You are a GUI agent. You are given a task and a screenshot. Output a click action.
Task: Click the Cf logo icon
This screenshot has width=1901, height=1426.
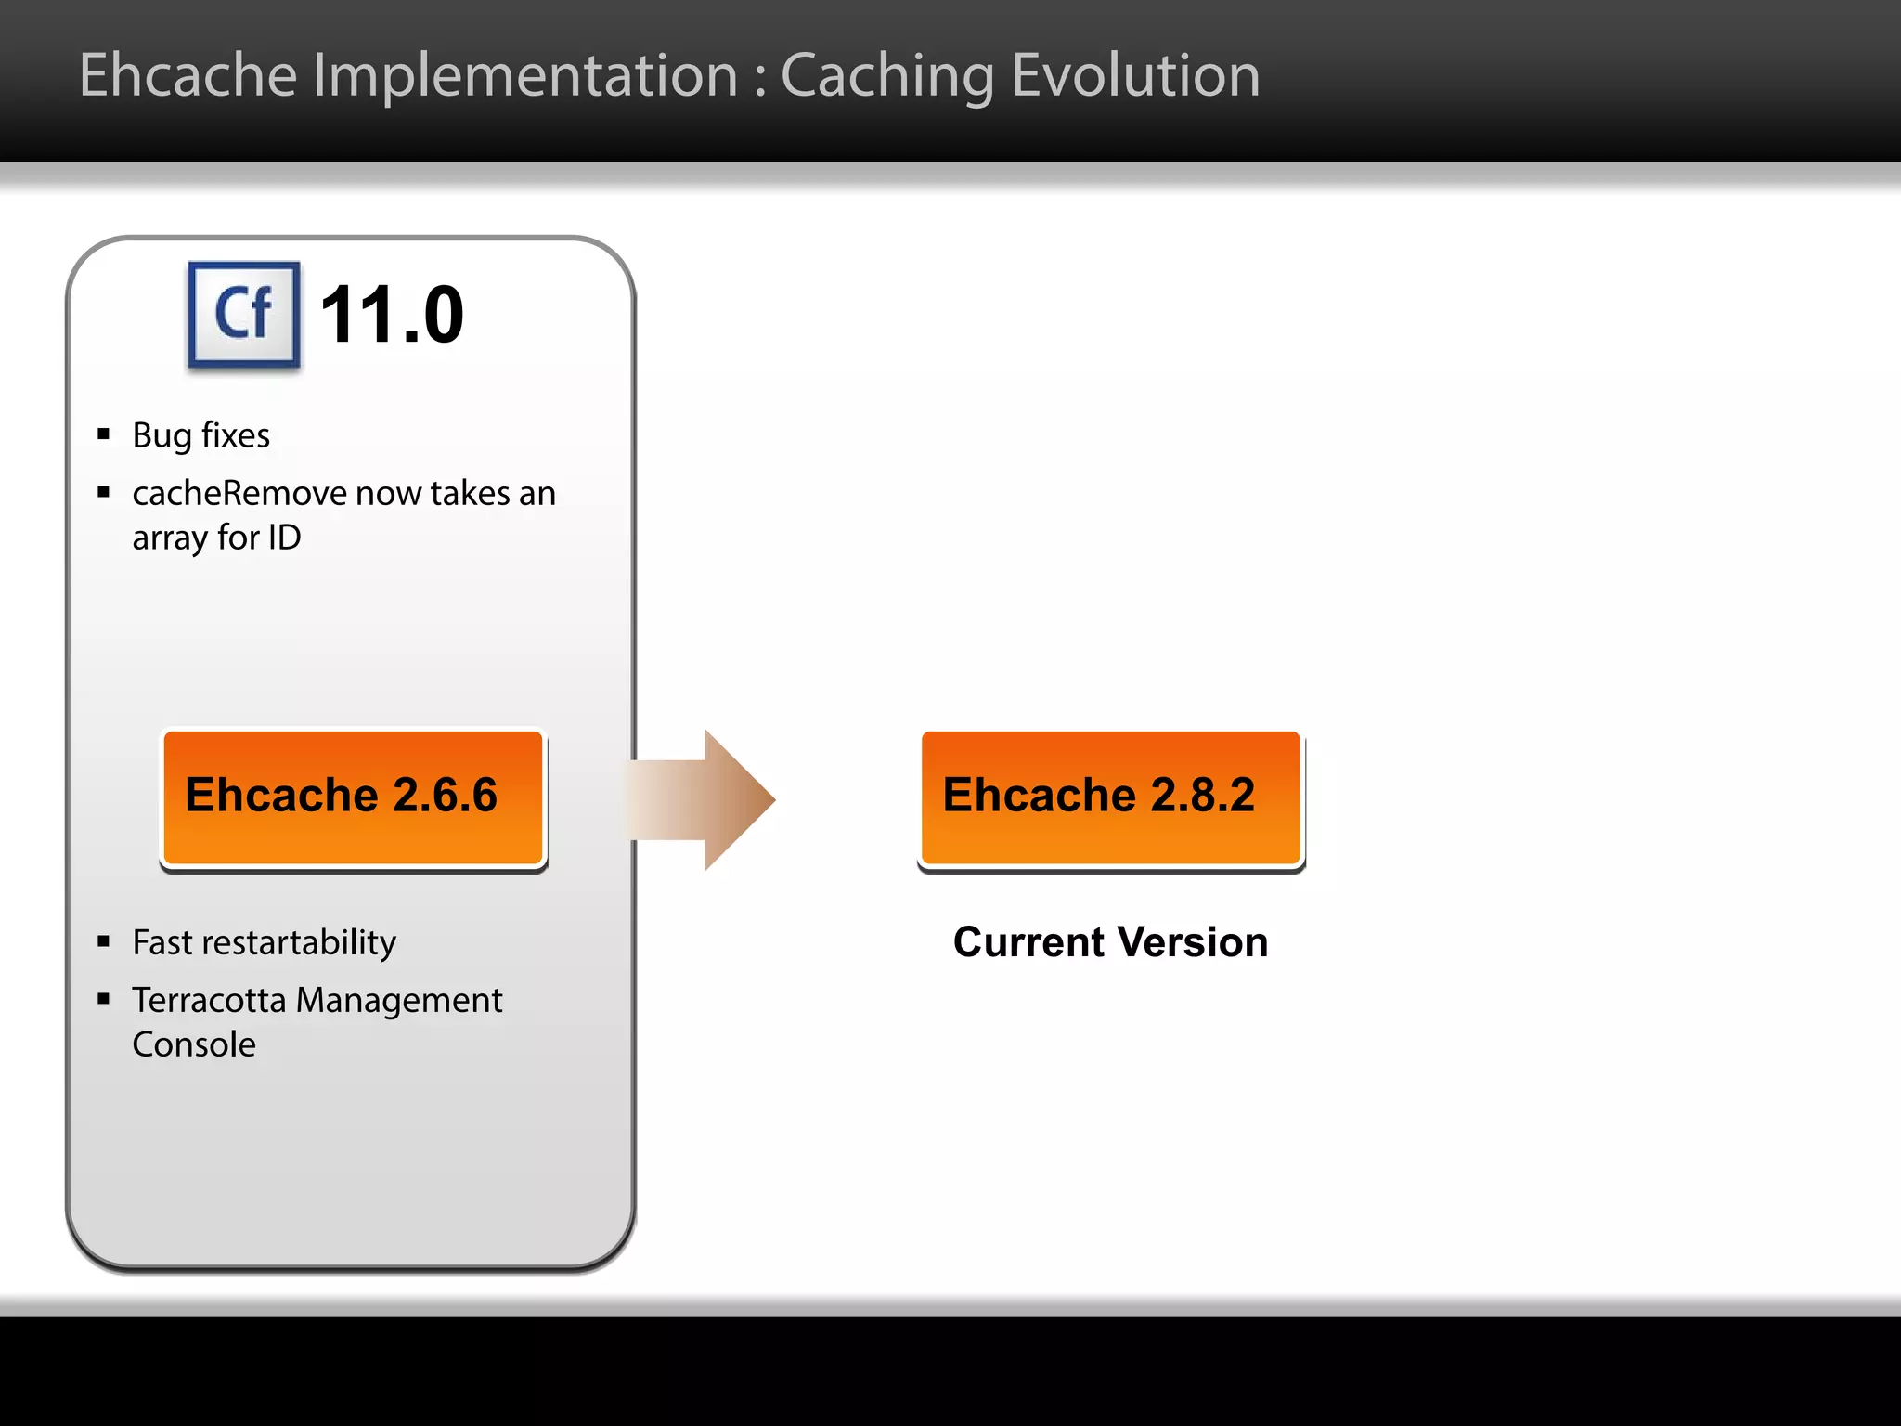[x=244, y=314]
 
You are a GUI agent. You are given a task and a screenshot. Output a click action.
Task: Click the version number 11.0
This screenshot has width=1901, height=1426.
[x=391, y=316]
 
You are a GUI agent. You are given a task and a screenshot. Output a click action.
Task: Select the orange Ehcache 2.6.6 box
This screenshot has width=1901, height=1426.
[x=353, y=797]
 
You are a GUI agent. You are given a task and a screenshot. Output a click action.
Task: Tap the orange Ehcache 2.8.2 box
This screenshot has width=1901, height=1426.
[x=1110, y=797]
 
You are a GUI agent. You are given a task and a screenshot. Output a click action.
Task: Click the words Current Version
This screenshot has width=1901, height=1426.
[x=1110, y=942]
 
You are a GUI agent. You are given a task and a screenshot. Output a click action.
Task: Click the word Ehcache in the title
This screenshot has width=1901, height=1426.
[x=188, y=75]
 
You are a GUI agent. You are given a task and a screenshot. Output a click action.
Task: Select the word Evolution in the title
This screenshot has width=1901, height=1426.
[x=1135, y=75]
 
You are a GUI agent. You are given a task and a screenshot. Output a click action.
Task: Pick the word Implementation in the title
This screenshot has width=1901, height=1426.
[x=524, y=75]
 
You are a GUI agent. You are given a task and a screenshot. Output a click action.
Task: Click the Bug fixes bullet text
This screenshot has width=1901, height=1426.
[x=200, y=435]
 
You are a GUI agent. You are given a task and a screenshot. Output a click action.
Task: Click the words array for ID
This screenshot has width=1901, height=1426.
[x=216, y=538]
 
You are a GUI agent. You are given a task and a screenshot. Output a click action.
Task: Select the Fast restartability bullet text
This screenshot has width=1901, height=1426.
[x=264, y=942]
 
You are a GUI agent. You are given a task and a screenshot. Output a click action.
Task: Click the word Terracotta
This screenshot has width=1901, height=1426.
[x=209, y=1000]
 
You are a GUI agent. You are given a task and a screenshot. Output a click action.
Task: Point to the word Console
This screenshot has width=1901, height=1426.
[x=194, y=1044]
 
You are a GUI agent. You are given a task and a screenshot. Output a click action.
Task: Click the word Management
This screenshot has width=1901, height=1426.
[x=398, y=1000]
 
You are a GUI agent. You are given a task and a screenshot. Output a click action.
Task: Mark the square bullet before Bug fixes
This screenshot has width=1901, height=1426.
[x=104, y=434]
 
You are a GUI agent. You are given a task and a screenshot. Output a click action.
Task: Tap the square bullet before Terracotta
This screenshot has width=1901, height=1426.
[x=104, y=999]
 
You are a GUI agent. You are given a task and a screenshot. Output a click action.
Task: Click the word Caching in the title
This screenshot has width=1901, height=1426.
[x=886, y=75]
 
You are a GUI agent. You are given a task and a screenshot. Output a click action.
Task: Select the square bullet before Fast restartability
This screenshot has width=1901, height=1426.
[x=104, y=942]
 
